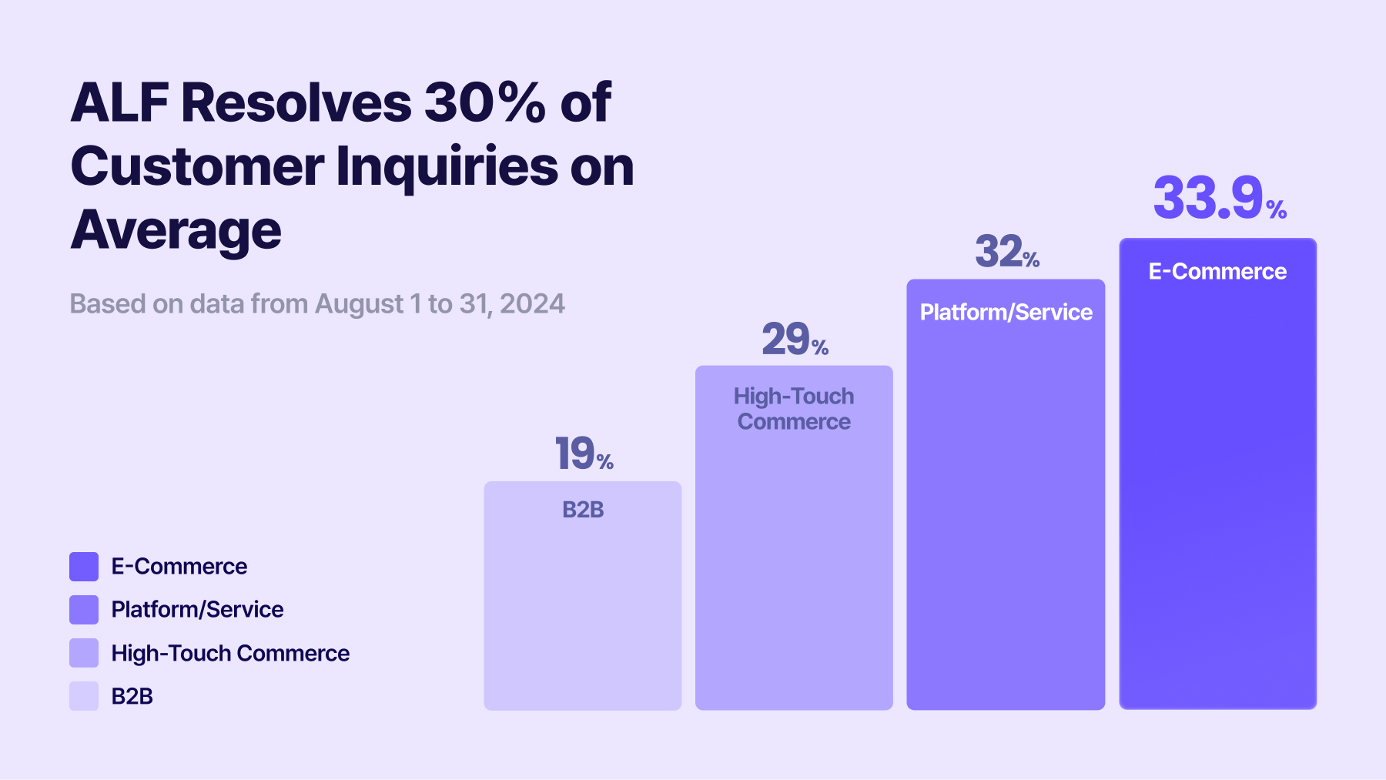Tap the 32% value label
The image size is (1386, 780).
1006,252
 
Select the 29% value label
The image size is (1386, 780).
794,340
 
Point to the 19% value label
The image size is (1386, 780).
583,453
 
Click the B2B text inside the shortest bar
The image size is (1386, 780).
583,510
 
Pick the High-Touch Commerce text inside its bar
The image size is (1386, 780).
794,409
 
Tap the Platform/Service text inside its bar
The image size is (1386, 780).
1006,312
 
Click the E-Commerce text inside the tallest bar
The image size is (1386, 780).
1217,271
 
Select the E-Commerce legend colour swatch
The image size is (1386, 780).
84,567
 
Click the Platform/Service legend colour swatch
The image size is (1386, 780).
84,610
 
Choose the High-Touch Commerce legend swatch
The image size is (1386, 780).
84,653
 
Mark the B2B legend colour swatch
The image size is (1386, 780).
84,696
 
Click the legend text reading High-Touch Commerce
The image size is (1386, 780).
230,653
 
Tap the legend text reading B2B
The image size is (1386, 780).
132,696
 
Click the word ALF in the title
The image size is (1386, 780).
119,102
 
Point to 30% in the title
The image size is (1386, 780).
485,102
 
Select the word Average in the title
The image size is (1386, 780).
176,230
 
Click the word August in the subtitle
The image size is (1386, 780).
359,304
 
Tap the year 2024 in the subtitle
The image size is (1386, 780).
532,304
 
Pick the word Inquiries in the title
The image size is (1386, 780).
447,166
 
